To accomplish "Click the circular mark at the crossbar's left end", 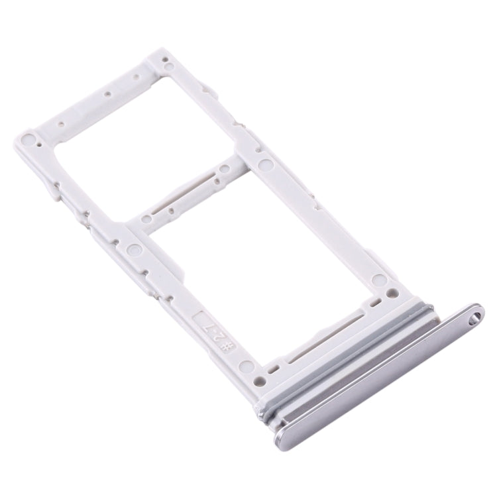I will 137,250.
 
